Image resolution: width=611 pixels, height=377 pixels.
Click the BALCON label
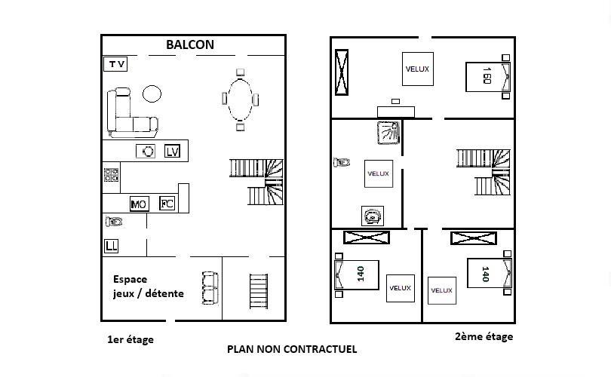tap(190, 44)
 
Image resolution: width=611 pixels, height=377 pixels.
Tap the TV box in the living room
tap(115, 64)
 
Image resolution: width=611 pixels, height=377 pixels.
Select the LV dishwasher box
tap(172, 151)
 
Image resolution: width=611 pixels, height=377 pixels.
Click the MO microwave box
tap(139, 204)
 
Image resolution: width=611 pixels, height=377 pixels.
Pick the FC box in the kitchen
tap(167, 204)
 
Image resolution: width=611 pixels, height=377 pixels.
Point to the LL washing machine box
tap(111, 246)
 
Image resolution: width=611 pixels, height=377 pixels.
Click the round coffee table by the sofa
tap(152, 93)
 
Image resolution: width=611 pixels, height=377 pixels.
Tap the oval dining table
tap(240, 100)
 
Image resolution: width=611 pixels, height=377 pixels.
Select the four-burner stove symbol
tap(111, 175)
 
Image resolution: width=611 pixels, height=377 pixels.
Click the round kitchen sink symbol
tap(146, 151)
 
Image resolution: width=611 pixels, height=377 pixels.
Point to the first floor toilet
tap(114, 222)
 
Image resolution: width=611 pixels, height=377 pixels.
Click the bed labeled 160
tap(488, 76)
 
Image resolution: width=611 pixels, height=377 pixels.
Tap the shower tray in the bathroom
tap(389, 133)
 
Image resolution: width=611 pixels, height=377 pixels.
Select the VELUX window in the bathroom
tap(379, 173)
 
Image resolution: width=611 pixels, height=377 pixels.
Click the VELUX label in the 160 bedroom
tap(417, 69)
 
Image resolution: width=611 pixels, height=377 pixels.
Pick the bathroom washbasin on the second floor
tap(373, 216)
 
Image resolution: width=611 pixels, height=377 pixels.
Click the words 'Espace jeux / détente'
tap(148, 287)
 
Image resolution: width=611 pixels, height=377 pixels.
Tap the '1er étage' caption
tap(130, 339)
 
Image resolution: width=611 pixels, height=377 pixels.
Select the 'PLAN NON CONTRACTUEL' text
tap(292, 349)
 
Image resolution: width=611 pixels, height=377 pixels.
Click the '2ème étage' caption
tap(484, 336)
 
